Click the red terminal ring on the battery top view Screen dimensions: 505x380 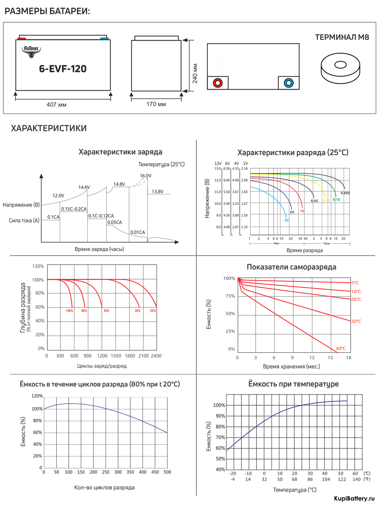[218, 83]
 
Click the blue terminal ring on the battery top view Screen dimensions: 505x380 [288, 83]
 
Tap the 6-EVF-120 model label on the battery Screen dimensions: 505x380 [63, 69]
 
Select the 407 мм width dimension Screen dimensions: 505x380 [56, 104]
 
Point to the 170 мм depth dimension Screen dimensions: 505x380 [156, 104]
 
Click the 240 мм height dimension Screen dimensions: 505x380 [195, 73]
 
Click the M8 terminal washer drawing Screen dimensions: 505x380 [340, 68]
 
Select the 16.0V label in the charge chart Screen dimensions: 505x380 [146, 176]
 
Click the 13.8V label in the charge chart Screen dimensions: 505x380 [157, 191]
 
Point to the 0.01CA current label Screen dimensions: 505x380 [138, 232]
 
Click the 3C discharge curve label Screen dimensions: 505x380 [287, 220]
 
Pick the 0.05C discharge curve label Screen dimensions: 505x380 [345, 193]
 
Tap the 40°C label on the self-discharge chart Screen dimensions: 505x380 [340, 349]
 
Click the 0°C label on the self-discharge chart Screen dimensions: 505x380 [355, 283]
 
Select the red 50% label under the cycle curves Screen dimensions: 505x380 [106, 311]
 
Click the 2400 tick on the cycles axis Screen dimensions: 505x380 [156, 356]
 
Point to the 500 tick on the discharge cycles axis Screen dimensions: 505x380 [167, 472]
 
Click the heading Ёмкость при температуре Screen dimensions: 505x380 [293, 384]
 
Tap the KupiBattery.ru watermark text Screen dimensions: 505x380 [354, 498]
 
